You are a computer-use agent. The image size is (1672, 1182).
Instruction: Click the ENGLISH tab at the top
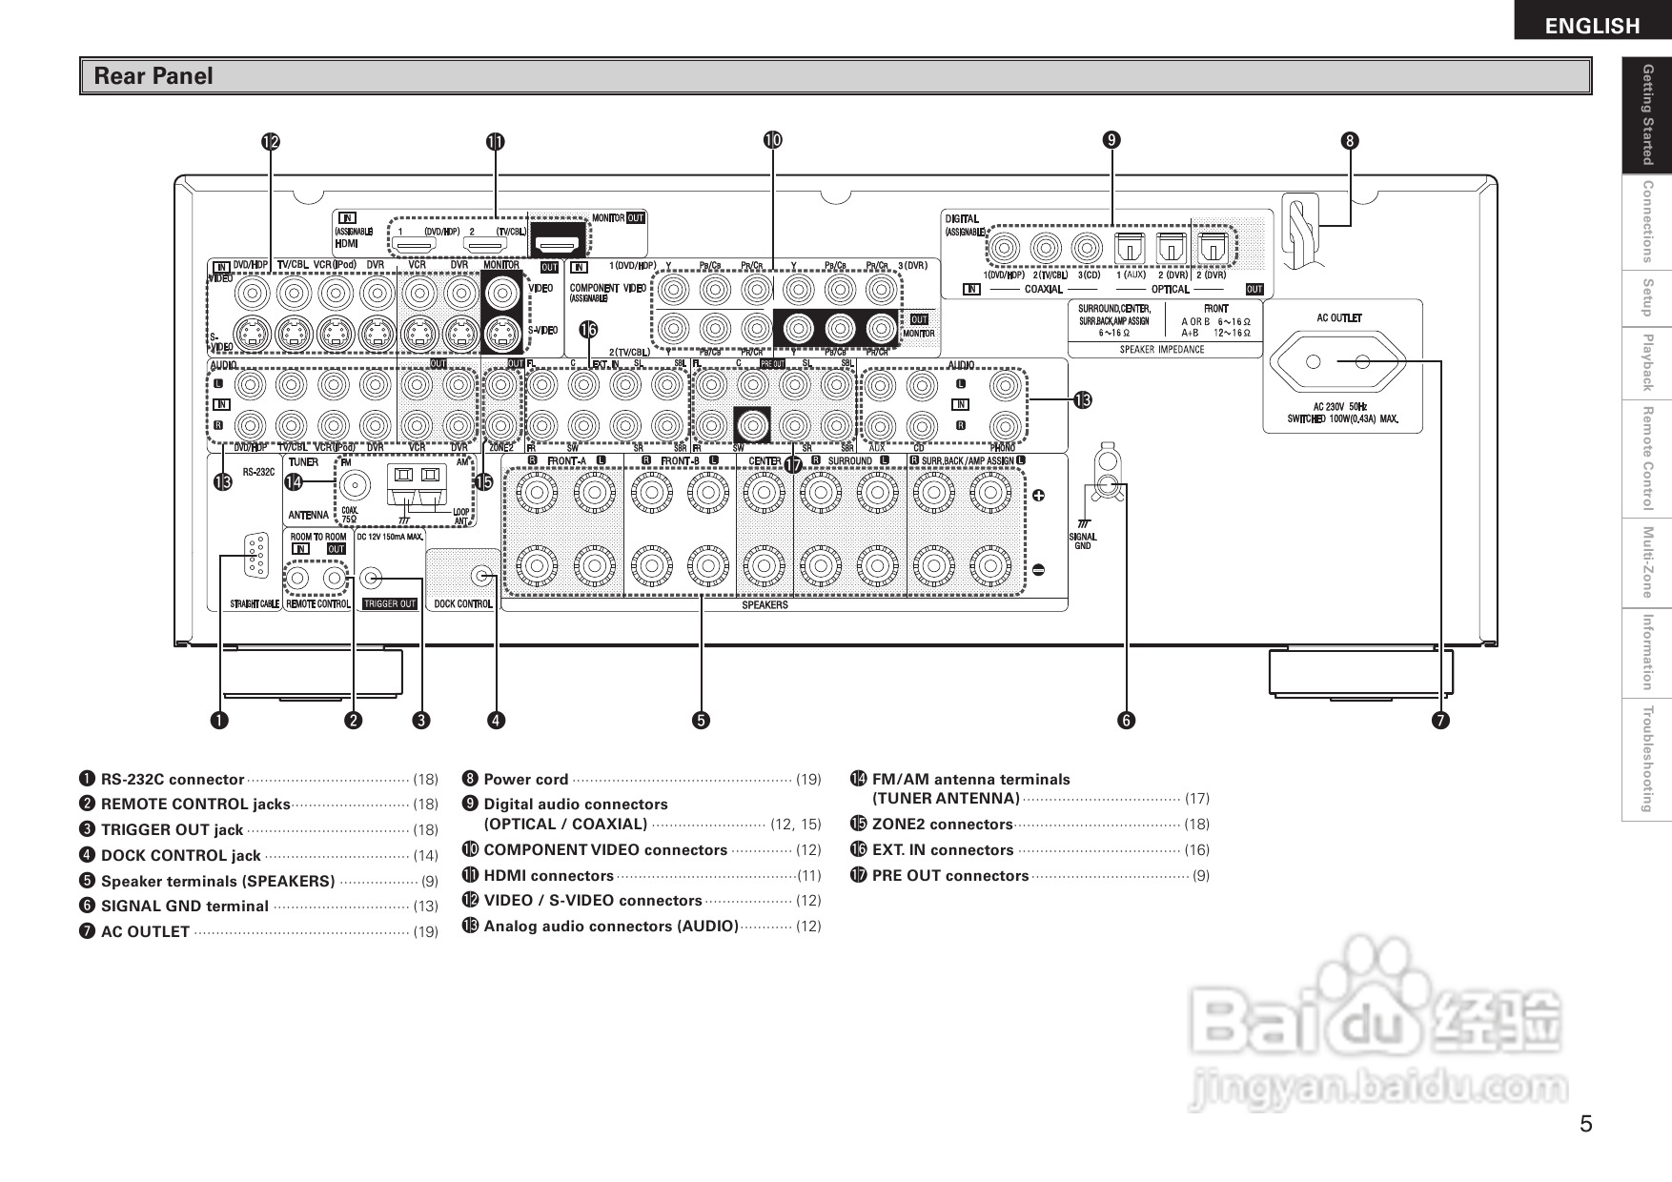[1592, 25]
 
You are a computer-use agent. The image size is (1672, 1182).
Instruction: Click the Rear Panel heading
[153, 76]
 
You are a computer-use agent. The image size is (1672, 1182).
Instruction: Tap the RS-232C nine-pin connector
[255, 555]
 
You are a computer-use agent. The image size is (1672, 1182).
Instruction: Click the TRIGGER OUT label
[390, 603]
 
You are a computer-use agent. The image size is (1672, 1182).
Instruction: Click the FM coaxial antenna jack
[357, 486]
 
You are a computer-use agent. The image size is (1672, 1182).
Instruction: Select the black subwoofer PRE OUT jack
[752, 423]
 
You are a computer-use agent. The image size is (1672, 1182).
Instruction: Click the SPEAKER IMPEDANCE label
[1161, 350]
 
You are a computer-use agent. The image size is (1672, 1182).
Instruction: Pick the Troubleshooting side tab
[1646, 760]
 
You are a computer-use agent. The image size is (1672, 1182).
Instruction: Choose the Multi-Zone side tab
[1646, 562]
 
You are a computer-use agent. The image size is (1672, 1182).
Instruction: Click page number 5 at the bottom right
[1585, 1124]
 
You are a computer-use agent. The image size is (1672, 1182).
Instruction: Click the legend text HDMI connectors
[548, 875]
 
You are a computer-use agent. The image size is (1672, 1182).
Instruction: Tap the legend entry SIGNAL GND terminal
[184, 907]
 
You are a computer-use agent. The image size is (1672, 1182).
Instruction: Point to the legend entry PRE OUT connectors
[949, 875]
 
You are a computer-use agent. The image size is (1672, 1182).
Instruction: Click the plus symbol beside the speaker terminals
[1038, 496]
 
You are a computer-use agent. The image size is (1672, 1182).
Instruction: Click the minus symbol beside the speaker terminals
[1038, 570]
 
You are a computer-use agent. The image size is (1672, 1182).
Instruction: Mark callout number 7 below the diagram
[1439, 721]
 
